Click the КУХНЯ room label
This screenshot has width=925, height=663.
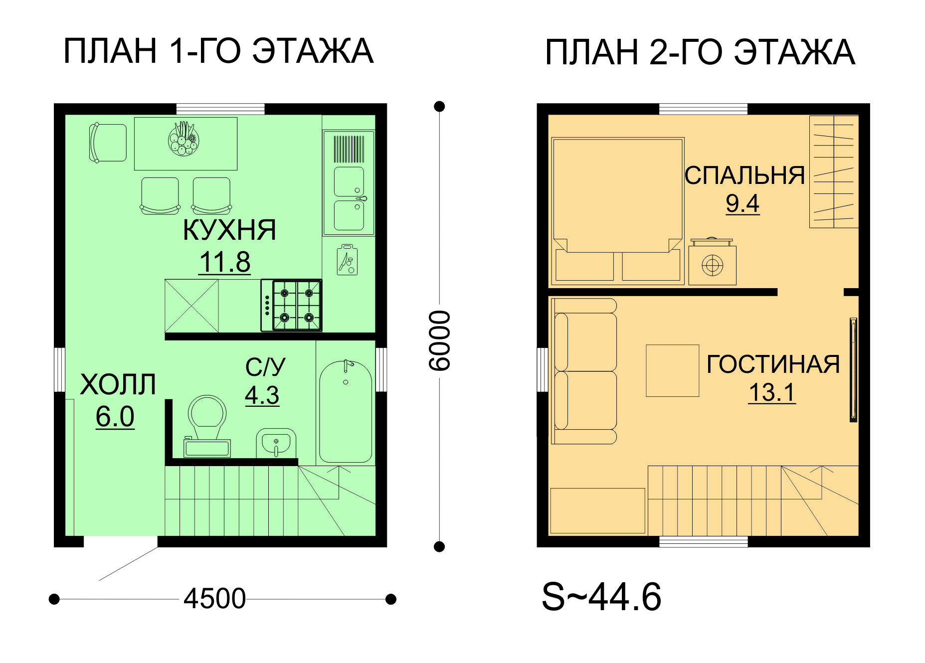point(229,230)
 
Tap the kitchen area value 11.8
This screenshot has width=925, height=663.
point(225,262)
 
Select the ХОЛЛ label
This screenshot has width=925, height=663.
point(118,384)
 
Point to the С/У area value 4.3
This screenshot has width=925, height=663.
point(262,395)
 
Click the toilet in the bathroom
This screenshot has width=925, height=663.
point(207,426)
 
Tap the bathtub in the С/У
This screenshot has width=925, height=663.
point(346,412)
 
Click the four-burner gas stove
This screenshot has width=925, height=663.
point(292,305)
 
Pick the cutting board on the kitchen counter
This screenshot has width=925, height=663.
point(347,259)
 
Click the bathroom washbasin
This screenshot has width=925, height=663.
point(276,443)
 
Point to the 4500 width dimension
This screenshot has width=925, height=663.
point(215,598)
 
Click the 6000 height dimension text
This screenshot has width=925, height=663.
point(440,340)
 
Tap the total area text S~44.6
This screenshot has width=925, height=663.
point(601,597)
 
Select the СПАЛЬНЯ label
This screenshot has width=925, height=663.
point(744,175)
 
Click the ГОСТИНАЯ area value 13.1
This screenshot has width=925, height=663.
point(772,392)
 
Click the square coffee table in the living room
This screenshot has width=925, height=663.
point(673,371)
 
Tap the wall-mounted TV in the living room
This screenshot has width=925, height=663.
point(853,369)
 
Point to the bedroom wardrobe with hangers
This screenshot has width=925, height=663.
point(834,171)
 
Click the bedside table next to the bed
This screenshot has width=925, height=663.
point(712,262)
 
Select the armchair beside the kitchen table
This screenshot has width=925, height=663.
point(108,143)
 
